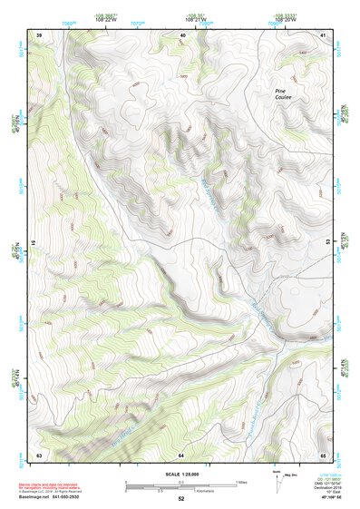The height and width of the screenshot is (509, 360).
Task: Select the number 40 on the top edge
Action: (x=182, y=34)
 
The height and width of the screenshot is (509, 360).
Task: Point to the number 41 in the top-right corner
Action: (x=323, y=34)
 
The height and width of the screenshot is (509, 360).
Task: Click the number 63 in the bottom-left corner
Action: (x=39, y=454)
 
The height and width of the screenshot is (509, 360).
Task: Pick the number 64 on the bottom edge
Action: (x=181, y=454)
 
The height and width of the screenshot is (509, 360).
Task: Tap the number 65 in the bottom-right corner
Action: (x=323, y=454)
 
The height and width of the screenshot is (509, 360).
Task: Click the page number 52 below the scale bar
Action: (x=180, y=499)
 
